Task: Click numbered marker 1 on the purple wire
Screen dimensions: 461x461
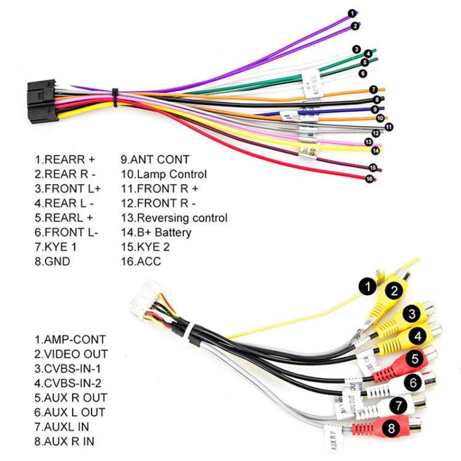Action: (x=352, y=13)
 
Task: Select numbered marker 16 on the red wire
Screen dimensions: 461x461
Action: (x=369, y=179)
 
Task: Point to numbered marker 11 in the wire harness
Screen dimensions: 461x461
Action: (x=388, y=127)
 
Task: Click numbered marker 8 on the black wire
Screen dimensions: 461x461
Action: (x=377, y=100)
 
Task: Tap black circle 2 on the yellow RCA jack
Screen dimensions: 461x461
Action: (x=395, y=291)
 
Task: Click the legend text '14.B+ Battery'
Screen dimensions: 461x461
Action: (x=156, y=232)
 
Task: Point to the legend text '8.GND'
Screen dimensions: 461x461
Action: (x=52, y=262)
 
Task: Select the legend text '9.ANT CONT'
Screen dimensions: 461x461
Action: (x=155, y=160)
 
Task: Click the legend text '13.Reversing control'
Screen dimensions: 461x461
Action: (x=174, y=218)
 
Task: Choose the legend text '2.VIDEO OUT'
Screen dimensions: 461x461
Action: (x=71, y=354)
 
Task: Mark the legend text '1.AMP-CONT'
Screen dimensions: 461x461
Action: (x=69, y=339)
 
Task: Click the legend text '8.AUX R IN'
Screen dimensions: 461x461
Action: (x=65, y=441)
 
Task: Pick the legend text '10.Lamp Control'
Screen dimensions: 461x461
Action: (x=164, y=175)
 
